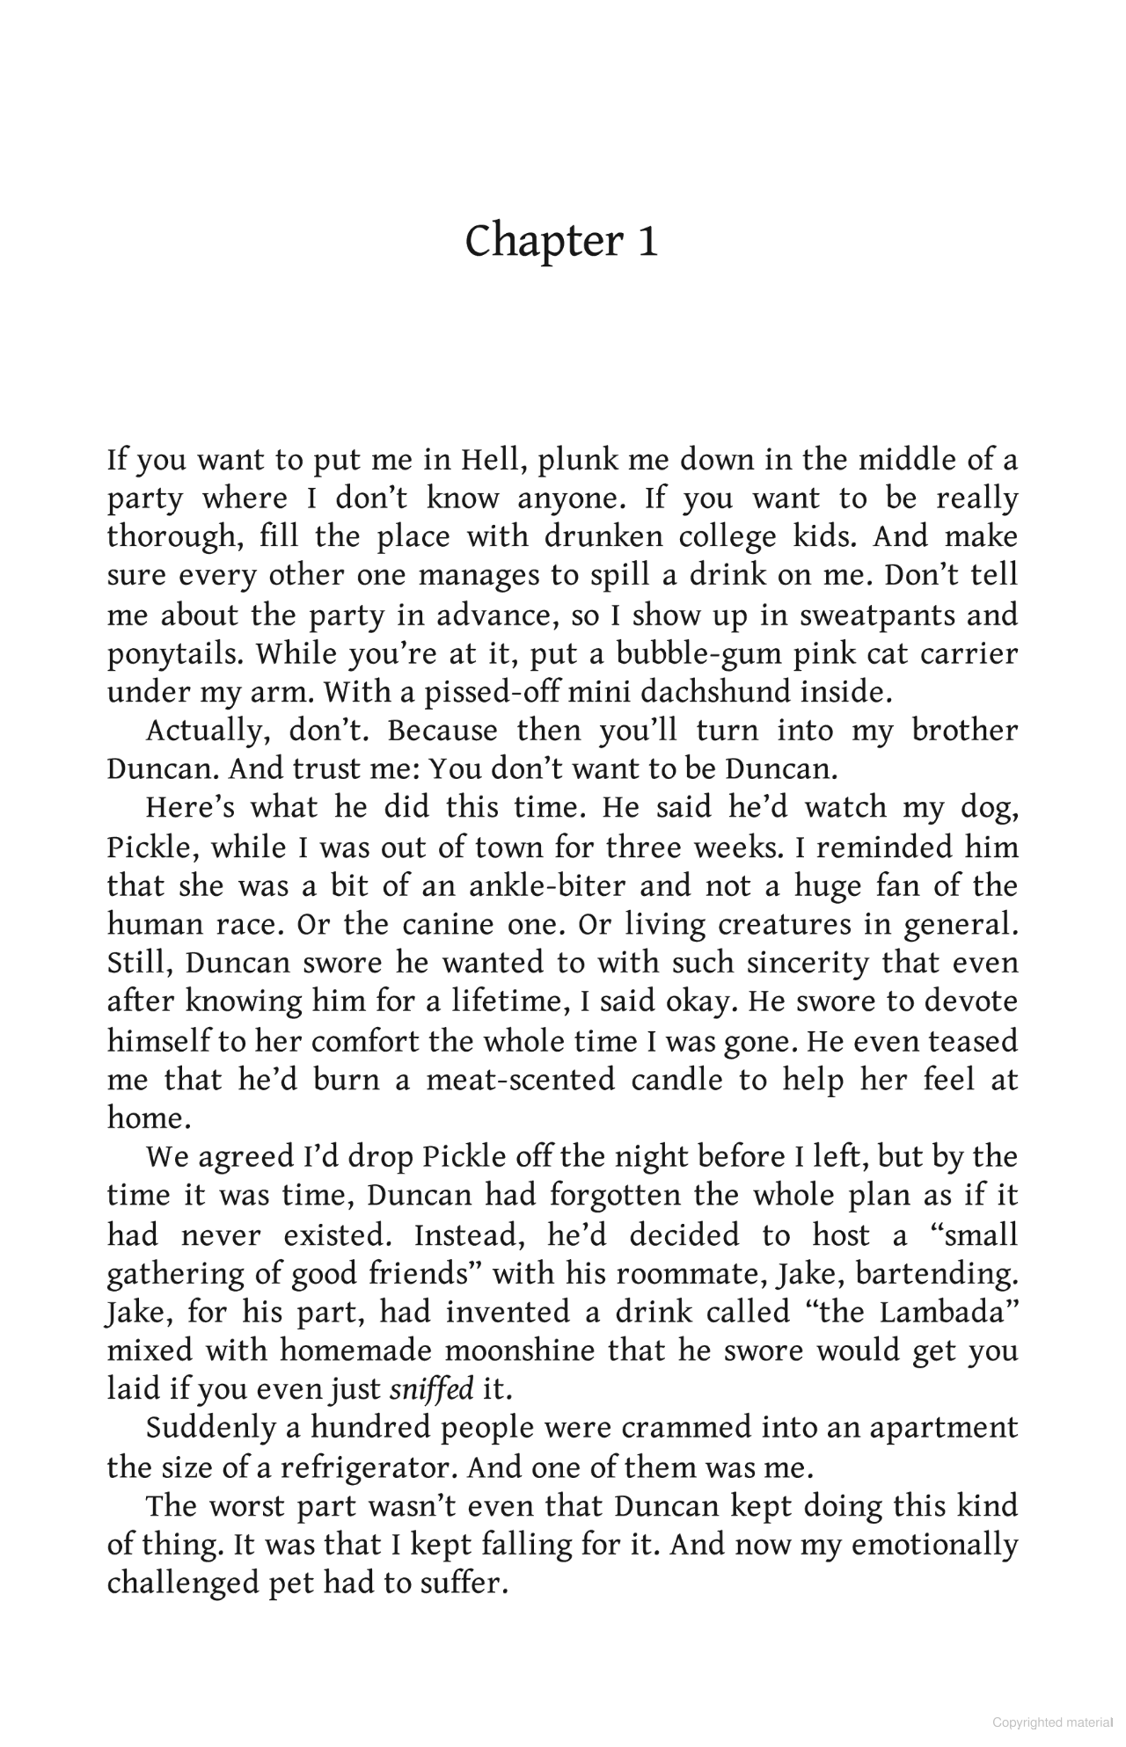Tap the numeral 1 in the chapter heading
coord(647,242)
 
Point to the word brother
coord(964,731)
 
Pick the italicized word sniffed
coord(431,1389)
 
